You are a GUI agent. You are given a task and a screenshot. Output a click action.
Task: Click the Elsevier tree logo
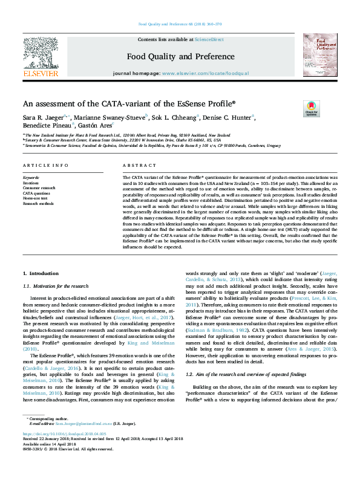point(41,53)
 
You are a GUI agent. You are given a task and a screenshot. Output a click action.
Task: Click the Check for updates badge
point(311,108)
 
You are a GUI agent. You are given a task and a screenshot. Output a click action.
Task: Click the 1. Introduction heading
point(41,273)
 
